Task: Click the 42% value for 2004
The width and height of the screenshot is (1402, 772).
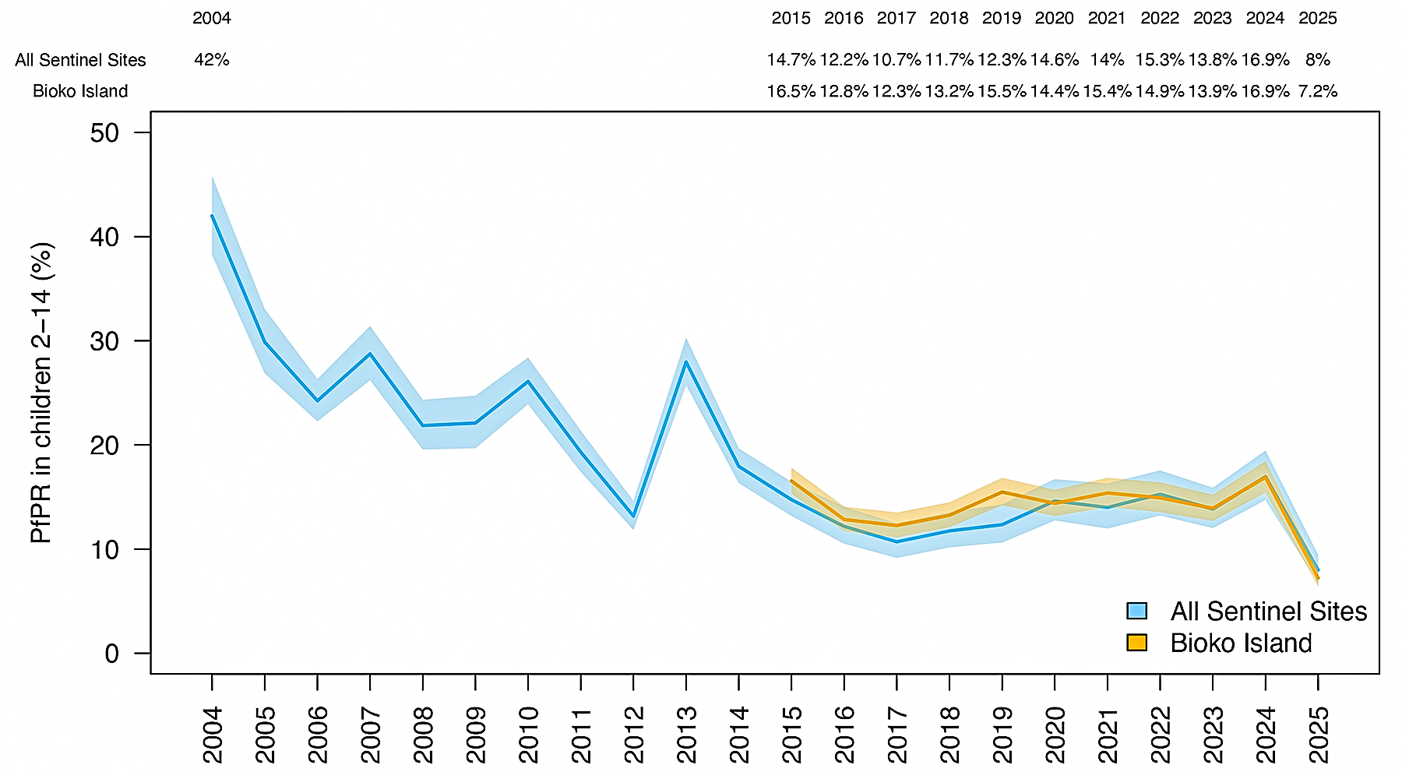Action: pos(212,60)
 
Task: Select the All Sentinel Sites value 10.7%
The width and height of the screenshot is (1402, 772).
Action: pos(897,60)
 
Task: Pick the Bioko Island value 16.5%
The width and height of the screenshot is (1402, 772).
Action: pos(791,91)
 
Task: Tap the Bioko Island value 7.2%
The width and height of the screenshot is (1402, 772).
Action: pos(1317,91)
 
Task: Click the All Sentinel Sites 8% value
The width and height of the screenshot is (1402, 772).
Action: pos(1317,60)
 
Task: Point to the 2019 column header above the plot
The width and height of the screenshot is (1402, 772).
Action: pos(1002,18)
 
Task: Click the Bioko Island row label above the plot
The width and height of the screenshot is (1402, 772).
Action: pos(80,91)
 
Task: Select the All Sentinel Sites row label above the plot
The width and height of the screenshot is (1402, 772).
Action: pos(80,60)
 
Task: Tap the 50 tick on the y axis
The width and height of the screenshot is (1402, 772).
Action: pos(104,133)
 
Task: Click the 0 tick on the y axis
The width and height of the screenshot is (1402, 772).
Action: pos(112,654)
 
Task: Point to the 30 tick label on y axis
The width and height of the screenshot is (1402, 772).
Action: pos(104,341)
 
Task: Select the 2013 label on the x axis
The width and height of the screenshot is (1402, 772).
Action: pos(686,735)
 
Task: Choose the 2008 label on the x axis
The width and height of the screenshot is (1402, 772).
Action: pos(423,735)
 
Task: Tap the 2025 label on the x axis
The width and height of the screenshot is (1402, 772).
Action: pos(1318,735)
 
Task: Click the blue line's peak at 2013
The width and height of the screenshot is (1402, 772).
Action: pos(686,361)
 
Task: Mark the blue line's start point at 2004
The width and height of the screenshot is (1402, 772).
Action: pos(212,216)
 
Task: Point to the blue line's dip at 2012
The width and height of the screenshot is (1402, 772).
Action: pos(633,516)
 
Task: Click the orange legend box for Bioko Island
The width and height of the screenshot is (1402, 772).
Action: pos(1137,643)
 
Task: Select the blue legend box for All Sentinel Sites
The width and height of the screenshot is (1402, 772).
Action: pos(1137,611)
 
